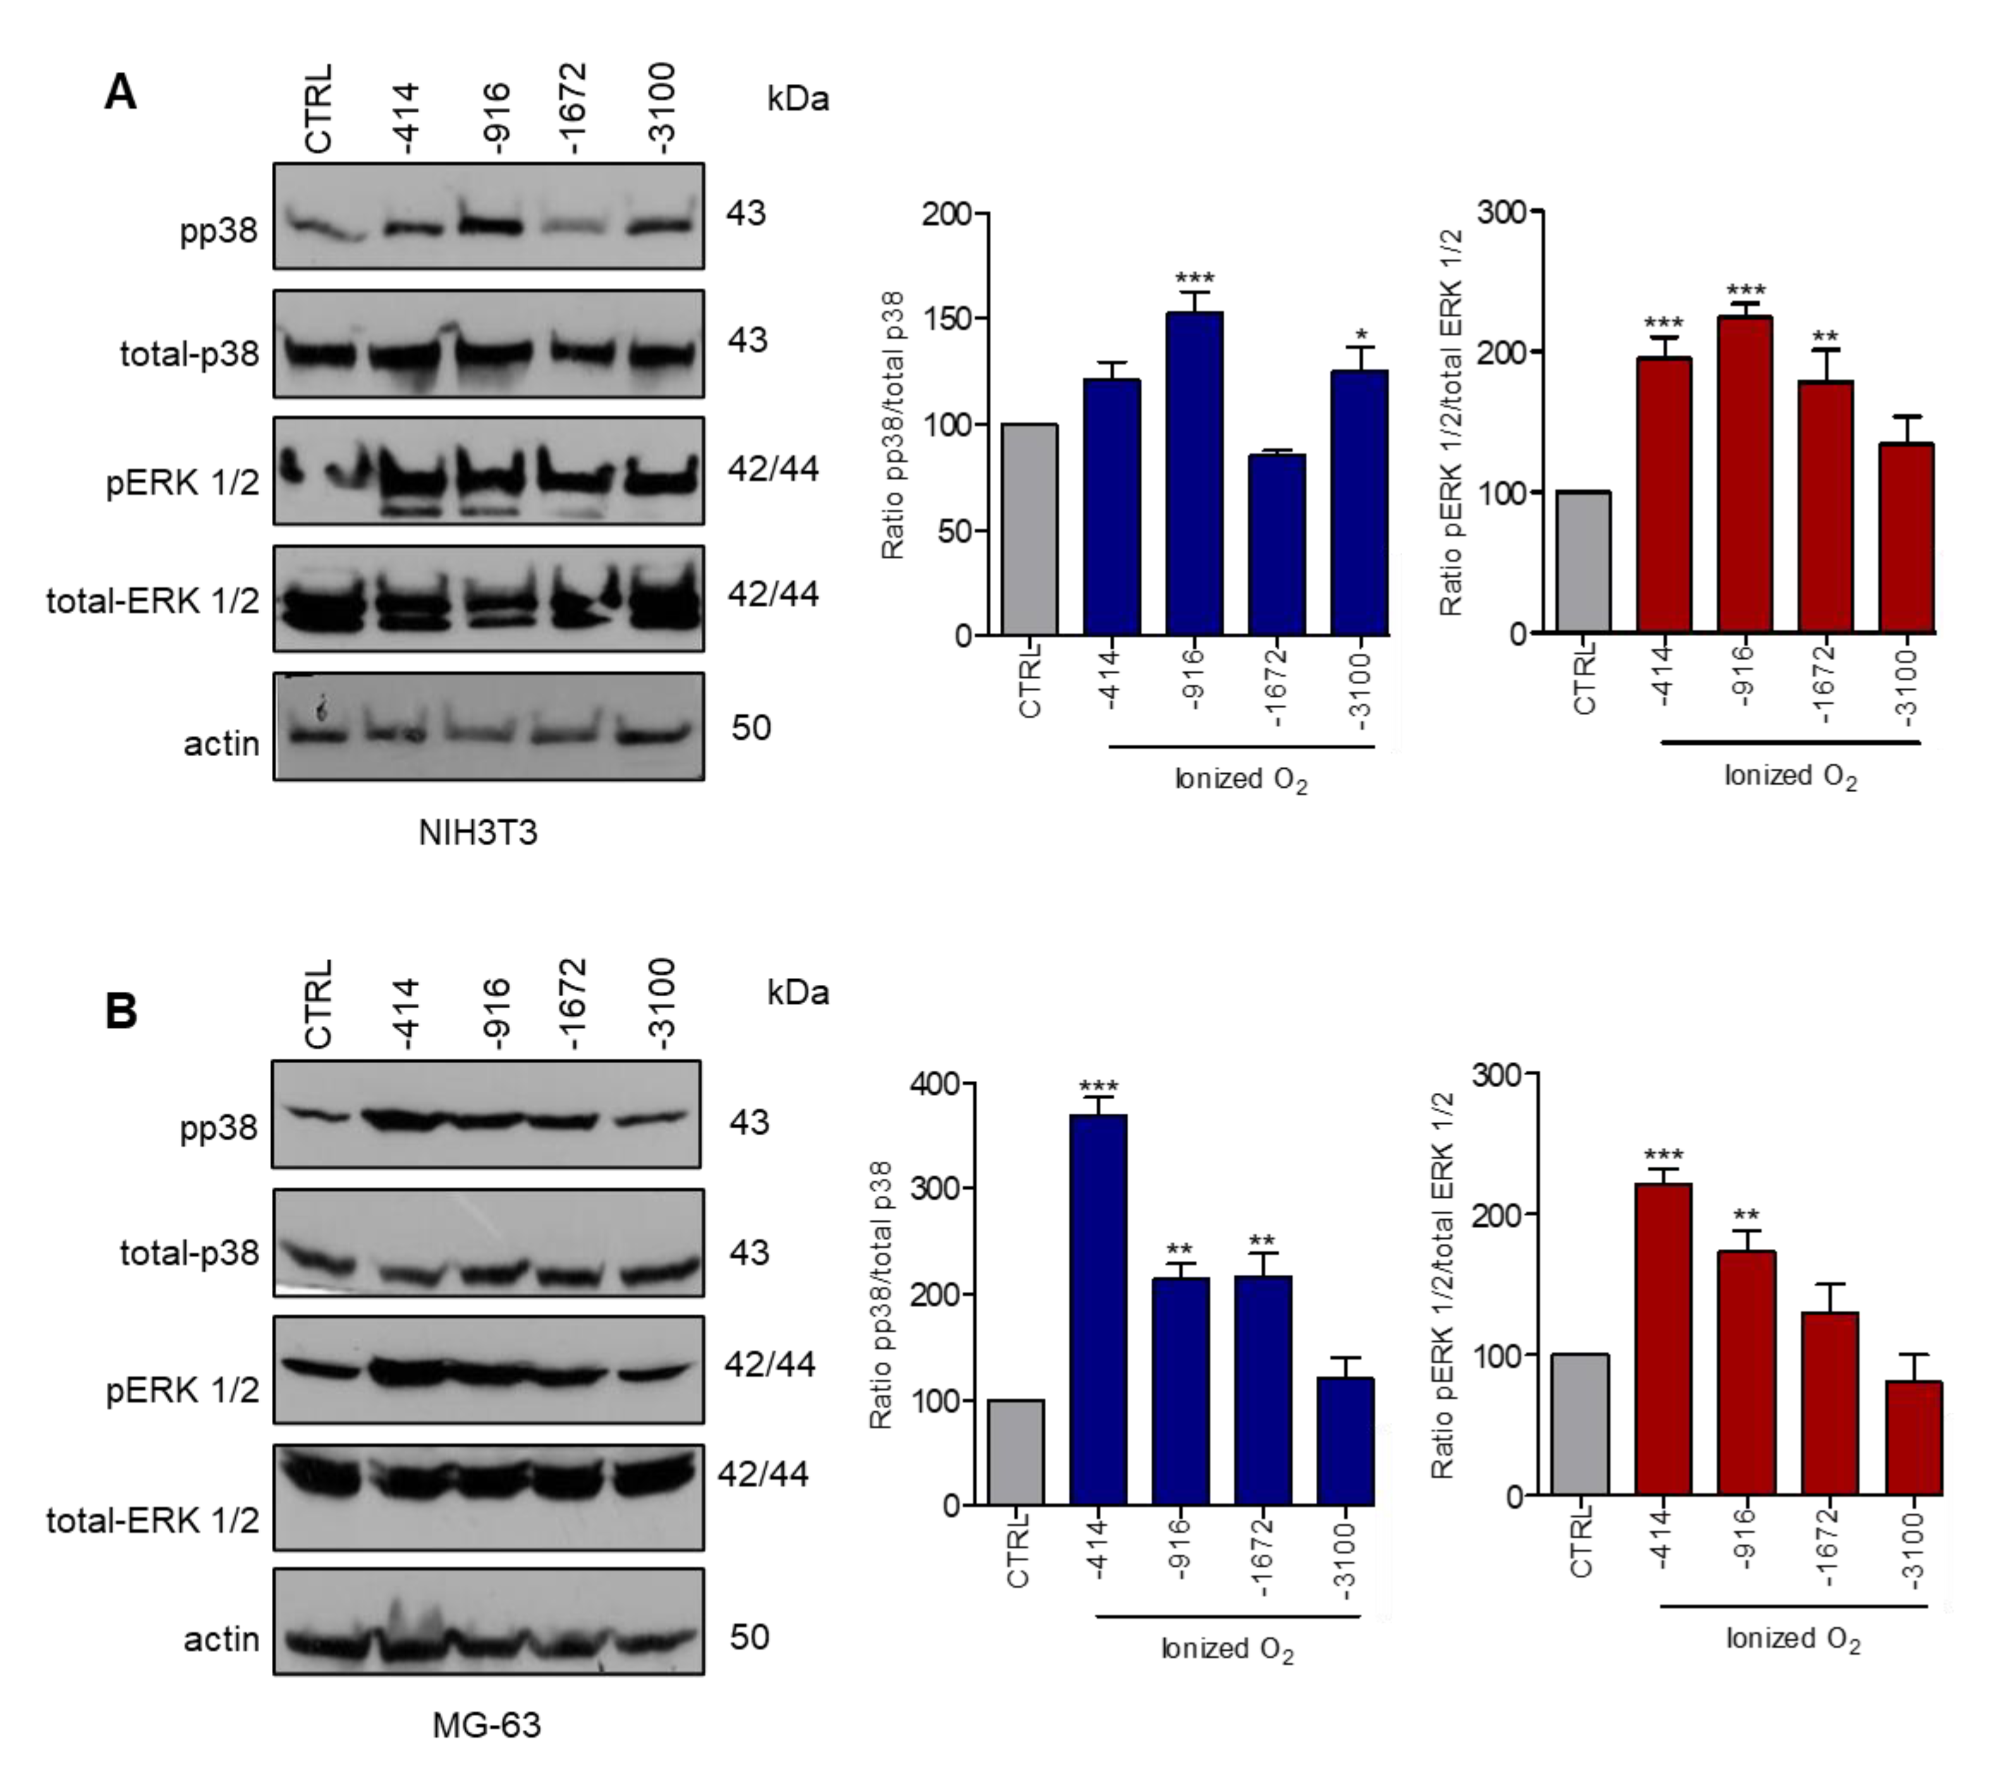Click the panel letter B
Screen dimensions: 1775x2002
121,1010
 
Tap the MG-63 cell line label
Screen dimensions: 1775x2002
486,1724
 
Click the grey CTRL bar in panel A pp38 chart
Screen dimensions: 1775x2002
1029,529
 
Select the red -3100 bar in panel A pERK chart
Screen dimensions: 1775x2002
1906,538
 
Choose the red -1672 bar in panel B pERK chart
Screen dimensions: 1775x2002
1829,1403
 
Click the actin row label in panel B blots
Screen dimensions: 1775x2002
221,1638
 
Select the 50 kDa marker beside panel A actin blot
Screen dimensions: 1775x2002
750,728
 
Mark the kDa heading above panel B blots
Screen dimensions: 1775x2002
797,992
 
